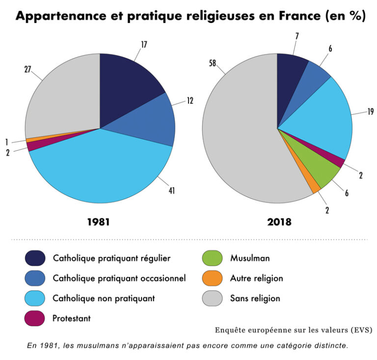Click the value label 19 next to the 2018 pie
click(370, 112)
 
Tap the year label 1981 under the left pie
click(98, 222)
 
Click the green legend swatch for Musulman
click(213, 258)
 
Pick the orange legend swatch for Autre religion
click(213, 278)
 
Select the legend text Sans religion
click(255, 298)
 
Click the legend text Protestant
click(72, 318)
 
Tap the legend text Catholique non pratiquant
click(104, 298)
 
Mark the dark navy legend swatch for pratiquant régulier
click(35, 258)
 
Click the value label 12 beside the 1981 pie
click(190, 101)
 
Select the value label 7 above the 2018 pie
click(296, 36)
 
